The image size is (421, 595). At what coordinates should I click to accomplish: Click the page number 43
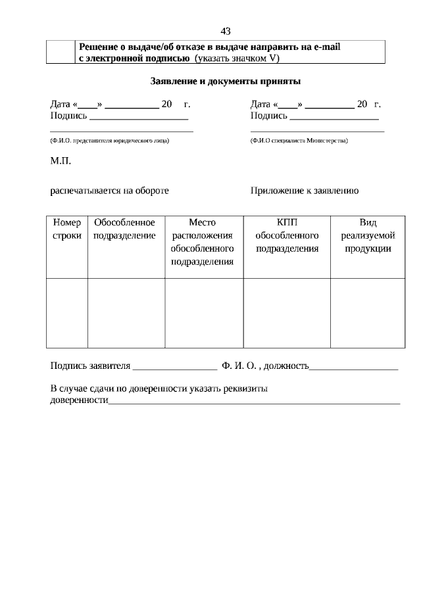[x=226, y=31]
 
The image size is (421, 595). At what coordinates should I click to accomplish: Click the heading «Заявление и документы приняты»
[x=226, y=82]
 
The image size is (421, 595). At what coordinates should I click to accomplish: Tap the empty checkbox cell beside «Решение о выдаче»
[x=61, y=53]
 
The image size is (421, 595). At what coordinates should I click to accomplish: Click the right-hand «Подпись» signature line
[x=334, y=118]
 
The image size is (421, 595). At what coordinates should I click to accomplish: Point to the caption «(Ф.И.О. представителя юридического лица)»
[x=109, y=141]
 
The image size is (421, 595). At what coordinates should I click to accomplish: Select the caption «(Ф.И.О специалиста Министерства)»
[x=299, y=141]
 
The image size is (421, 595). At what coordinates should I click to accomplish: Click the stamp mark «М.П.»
[x=61, y=160]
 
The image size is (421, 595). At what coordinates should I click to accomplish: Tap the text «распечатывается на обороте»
[x=110, y=191]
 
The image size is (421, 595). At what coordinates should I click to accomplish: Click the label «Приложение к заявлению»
[x=304, y=191]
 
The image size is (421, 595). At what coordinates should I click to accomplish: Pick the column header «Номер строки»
[x=66, y=229]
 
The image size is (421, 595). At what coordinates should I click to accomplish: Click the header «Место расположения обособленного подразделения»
[x=203, y=242]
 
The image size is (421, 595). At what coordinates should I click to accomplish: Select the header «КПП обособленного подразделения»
[x=287, y=235]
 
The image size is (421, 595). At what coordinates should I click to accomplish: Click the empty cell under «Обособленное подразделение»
[x=126, y=312]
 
